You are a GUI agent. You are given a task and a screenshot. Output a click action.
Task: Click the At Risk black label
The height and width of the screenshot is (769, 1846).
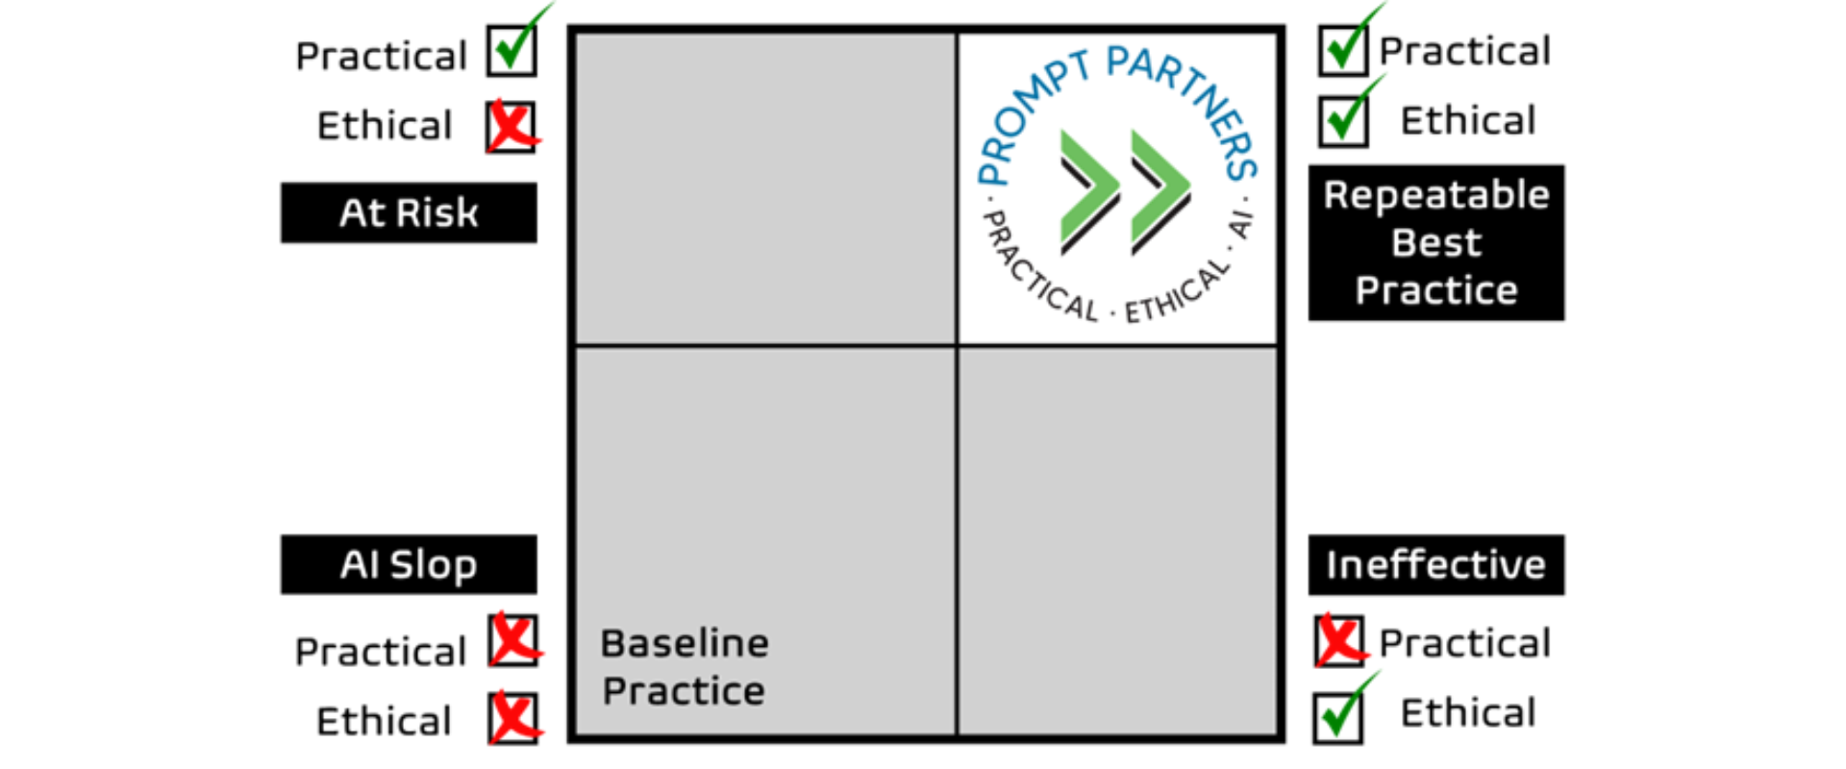coord(409,212)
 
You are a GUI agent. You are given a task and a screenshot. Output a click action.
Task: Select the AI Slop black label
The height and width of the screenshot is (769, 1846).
coord(409,564)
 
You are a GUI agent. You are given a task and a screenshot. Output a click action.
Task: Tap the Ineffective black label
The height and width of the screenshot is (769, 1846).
coord(1435,564)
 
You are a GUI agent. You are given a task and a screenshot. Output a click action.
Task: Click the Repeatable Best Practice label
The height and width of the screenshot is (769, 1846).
coord(1435,242)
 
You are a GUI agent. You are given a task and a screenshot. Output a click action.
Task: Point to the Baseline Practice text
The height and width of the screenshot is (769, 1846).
coord(684,667)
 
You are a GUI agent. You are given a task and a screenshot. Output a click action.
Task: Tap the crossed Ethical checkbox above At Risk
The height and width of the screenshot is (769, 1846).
coord(511,127)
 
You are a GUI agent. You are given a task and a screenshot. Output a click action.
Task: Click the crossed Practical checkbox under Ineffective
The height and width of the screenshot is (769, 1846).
coord(1339,641)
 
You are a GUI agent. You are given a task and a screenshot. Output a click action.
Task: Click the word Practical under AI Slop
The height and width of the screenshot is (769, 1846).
coord(381,653)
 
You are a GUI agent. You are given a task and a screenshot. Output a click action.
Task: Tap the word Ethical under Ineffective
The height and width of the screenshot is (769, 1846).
coord(1468,713)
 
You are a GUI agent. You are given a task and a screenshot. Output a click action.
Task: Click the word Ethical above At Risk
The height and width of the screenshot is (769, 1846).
coord(385,126)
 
